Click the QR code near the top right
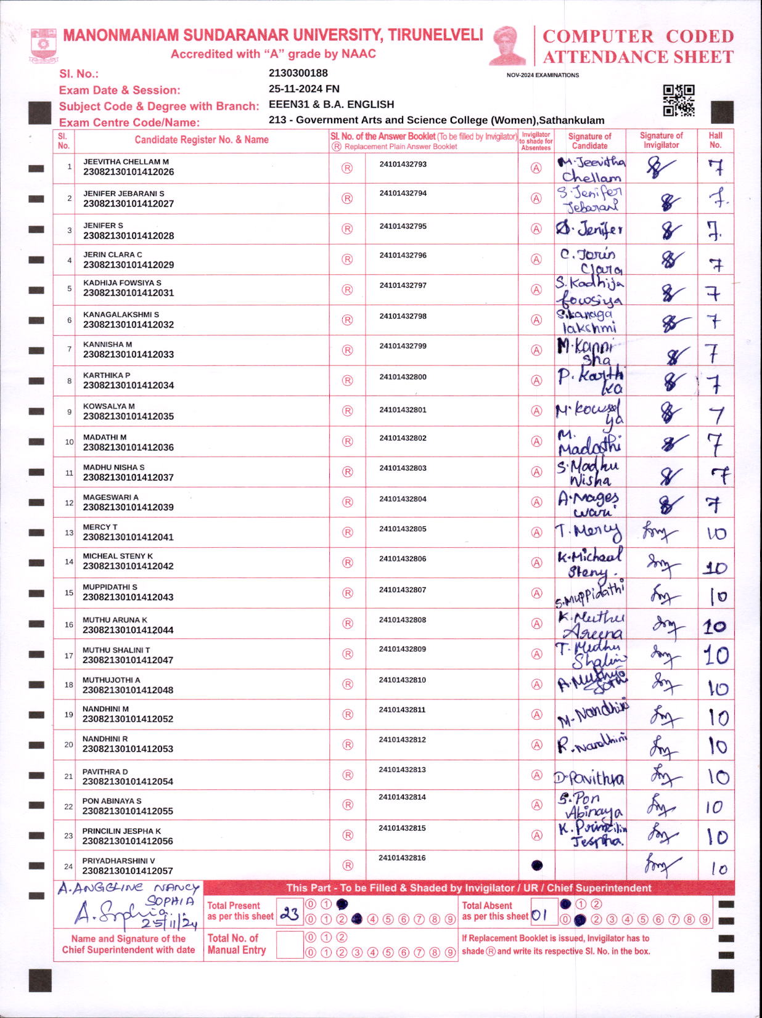point(678,100)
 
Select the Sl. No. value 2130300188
point(298,73)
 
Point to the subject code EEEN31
point(289,105)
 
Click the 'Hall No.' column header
point(715,140)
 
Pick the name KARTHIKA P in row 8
point(107,375)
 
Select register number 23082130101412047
point(128,660)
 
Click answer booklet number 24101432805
point(403,529)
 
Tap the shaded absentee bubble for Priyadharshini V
point(537,865)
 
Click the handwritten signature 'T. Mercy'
point(588,532)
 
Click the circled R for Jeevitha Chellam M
point(347,168)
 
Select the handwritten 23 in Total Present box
point(289,914)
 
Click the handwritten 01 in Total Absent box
point(539,915)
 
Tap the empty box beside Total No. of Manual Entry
point(289,944)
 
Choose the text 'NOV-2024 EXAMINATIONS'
point(543,75)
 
